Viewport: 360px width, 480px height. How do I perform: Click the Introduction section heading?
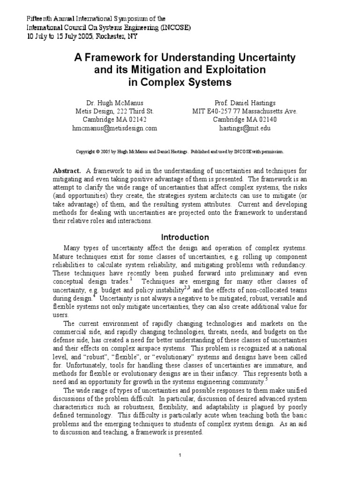pos(185,237)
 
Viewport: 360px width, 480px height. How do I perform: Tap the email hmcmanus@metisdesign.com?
pos(114,127)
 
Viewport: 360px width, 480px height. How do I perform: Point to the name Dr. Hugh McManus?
pos(114,102)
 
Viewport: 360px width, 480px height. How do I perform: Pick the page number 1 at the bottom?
pos(180,455)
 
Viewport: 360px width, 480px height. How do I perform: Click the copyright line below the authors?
pos(180,152)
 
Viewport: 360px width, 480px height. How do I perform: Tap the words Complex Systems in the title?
pos(180,82)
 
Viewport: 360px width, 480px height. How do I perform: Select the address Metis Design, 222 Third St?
pos(114,111)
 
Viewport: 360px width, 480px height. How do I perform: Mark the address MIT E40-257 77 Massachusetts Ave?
pos(245,111)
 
